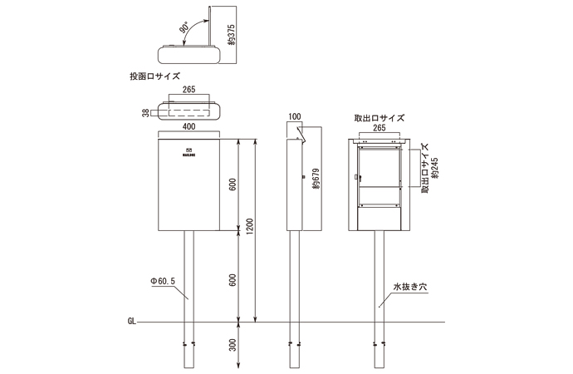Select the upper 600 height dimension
pyautogui.click(x=233, y=184)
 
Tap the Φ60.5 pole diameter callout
pyautogui.click(x=162, y=282)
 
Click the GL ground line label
pyautogui.click(x=132, y=320)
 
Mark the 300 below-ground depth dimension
pyautogui.click(x=233, y=342)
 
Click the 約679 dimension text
pyautogui.click(x=316, y=181)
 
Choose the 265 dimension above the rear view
pyautogui.click(x=380, y=129)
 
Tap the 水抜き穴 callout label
pyautogui.click(x=409, y=286)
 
